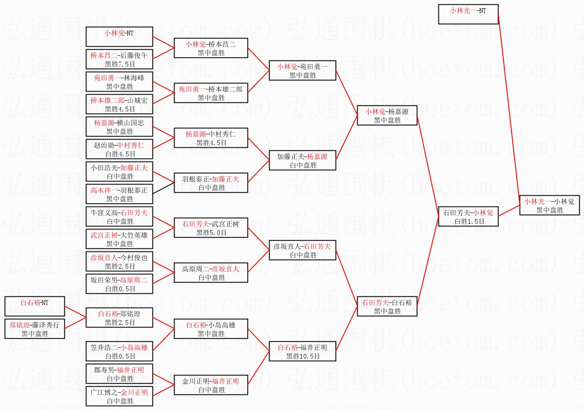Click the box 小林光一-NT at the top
click(468, 14)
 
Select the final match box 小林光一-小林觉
click(549, 205)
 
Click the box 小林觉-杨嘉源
click(387, 115)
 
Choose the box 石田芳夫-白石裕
click(387, 306)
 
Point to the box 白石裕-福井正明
click(302, 351)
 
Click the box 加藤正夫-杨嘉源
click(302, 160)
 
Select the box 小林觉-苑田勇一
click(302, 70)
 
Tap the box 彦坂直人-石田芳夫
click(302, 250)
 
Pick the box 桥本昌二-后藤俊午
click(119, 59)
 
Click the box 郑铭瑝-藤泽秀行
click(35, 329)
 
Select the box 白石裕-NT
click(35, 306)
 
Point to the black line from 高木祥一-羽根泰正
click(163, 187)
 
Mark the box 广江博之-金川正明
click(119, 396)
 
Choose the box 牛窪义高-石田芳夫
click(119, 216)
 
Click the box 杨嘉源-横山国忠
click(119, 127)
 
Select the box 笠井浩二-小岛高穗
click(119, 351)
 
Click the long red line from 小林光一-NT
click(509, 108)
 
